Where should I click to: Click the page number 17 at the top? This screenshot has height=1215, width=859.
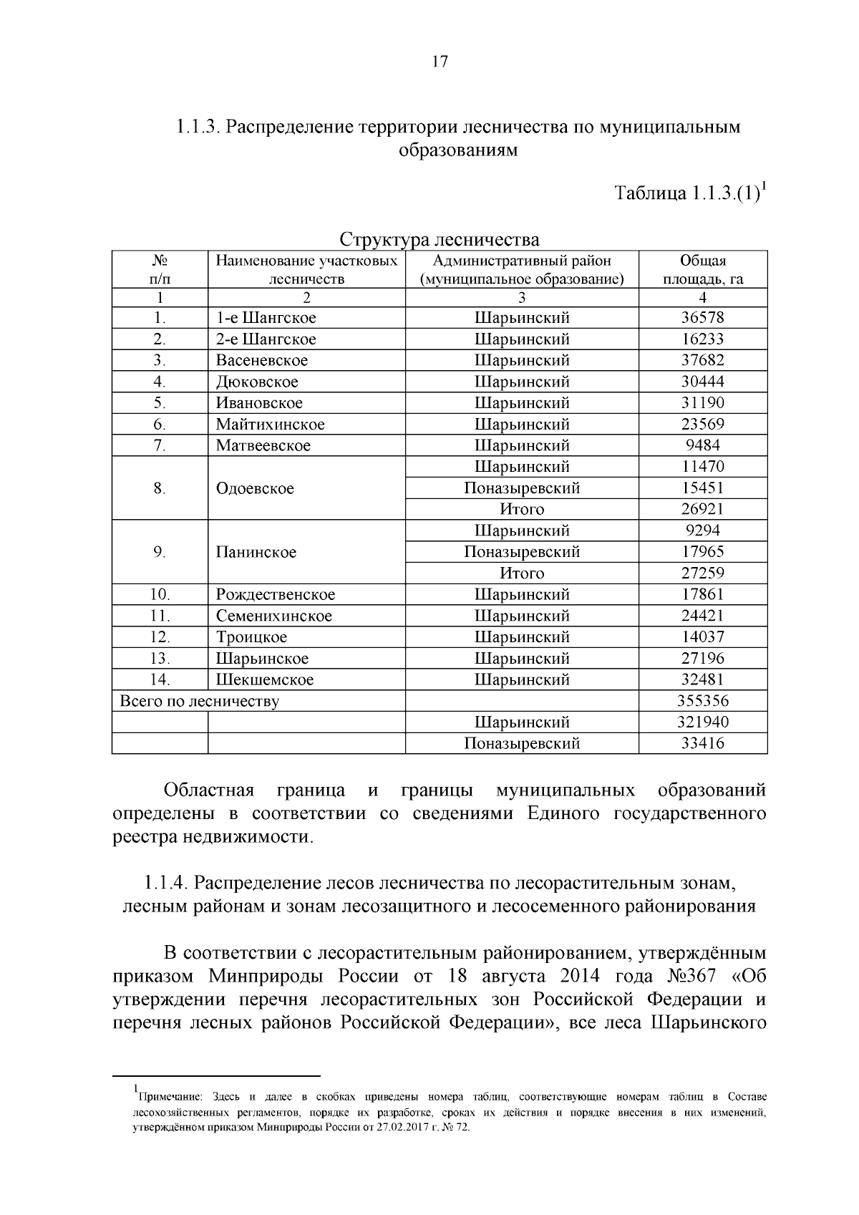tap(440, 62)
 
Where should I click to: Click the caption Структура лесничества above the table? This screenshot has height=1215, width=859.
tap(439, 238)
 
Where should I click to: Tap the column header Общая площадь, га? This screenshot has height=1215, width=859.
tap(702, 270)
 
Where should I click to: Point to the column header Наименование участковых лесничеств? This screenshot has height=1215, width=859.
tap(306, 270)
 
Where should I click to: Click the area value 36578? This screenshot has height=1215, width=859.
tap(702, 318)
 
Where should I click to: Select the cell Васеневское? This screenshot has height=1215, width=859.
tap(262, 360)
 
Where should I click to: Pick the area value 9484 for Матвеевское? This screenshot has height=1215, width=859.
tap(702, 445)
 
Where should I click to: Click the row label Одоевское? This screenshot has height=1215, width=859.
tap(255, 488)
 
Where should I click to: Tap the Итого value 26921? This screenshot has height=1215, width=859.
tap(702, 509)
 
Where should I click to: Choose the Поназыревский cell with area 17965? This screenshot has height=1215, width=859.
tap(522, 552)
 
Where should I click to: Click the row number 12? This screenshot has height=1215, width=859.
tap(160, 637)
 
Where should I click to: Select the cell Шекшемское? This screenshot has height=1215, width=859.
tap(265, 679)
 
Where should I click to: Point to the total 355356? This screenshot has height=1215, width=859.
tap(702, 701)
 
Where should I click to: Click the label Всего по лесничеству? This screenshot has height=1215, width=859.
tap(199, 701)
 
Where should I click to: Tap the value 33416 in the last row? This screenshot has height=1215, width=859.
tap(702, 743)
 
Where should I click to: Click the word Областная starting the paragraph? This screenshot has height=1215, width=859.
tap(208, 790)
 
